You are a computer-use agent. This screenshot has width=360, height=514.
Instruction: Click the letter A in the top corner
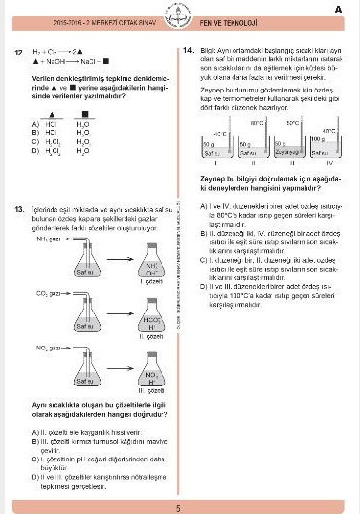337,9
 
